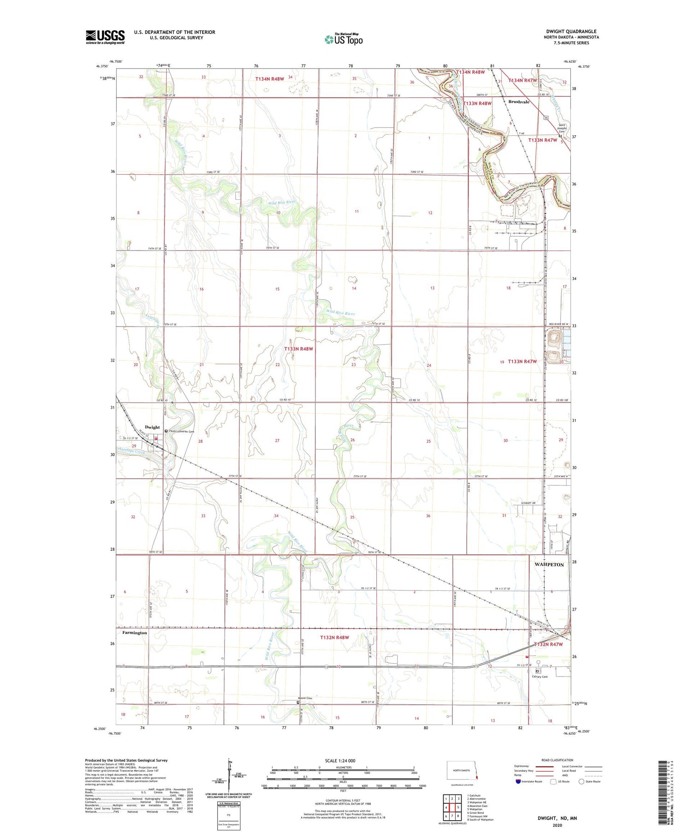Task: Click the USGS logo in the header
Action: pyautogui.click(x=105, y=37)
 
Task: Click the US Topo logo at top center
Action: pyautogui.click(x=343, y=39)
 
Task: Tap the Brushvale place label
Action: pyautogui.click(x=519, y=102)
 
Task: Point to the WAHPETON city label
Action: pyautogui.click(x=549, y=564)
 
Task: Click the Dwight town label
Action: pyautogui.click(x=152, y=427)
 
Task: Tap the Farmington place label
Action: pyautogui.click(x=135, y=632)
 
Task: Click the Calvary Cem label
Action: pyautogui.click(x=539, y=677)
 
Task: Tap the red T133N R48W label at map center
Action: pyautogui.click(x=299, y=349)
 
